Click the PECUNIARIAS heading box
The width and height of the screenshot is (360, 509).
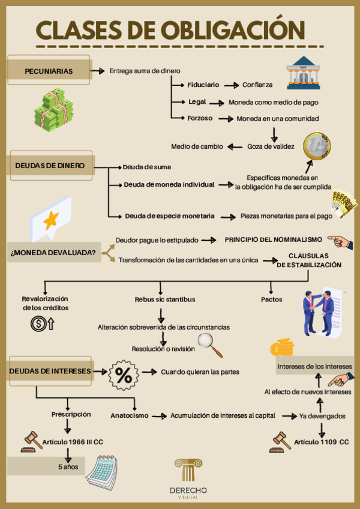(x=49, y=71)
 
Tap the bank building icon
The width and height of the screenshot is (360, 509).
(x=303, y=73)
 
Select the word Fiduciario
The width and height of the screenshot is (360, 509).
(x=203, y=85)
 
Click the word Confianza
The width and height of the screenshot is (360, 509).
(x=257, y=85)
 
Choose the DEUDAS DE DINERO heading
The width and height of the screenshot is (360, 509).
(x=50, y=166)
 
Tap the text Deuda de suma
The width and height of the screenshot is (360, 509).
(x=147, y=167)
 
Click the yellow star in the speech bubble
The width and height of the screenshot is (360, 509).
(x=50, y=220)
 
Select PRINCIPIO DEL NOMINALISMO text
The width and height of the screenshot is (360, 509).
(x=273, y=239)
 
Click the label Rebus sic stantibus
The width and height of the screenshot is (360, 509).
(x=165, y=299)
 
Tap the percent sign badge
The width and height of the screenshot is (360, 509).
(x=124, y=376)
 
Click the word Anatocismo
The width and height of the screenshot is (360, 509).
(x=129, y=415)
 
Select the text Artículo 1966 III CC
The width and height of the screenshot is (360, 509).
(x=73, y=442)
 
